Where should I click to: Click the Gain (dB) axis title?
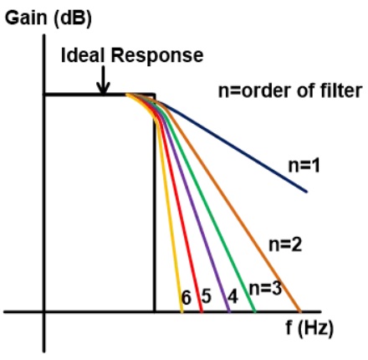pyautogui.click(x=49, y=18)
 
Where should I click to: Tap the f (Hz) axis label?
pyautogui.click(x=309, y=328)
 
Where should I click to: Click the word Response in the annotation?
pyautogui.click(x=157, y=56)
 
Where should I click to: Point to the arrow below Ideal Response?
pyautogui.click(x=104, y=80)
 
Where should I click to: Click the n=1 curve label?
pyautogui.click(x=304, y=166)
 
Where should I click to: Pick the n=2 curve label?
pyautogui.click(x=285, y=244)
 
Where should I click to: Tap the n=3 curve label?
pyautogui.click(x=265, y=288)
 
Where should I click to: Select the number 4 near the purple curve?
pyautogui.click(x=233, y=296)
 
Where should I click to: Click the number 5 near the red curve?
pyautogui.click(x=206, y=296)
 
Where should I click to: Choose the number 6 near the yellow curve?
pyautogui.click(x=187, y=297)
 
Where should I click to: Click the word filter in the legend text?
pyautogui.click(x=345, y=90)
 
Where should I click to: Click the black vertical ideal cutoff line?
pyautogui.click(x=154, y=203)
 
